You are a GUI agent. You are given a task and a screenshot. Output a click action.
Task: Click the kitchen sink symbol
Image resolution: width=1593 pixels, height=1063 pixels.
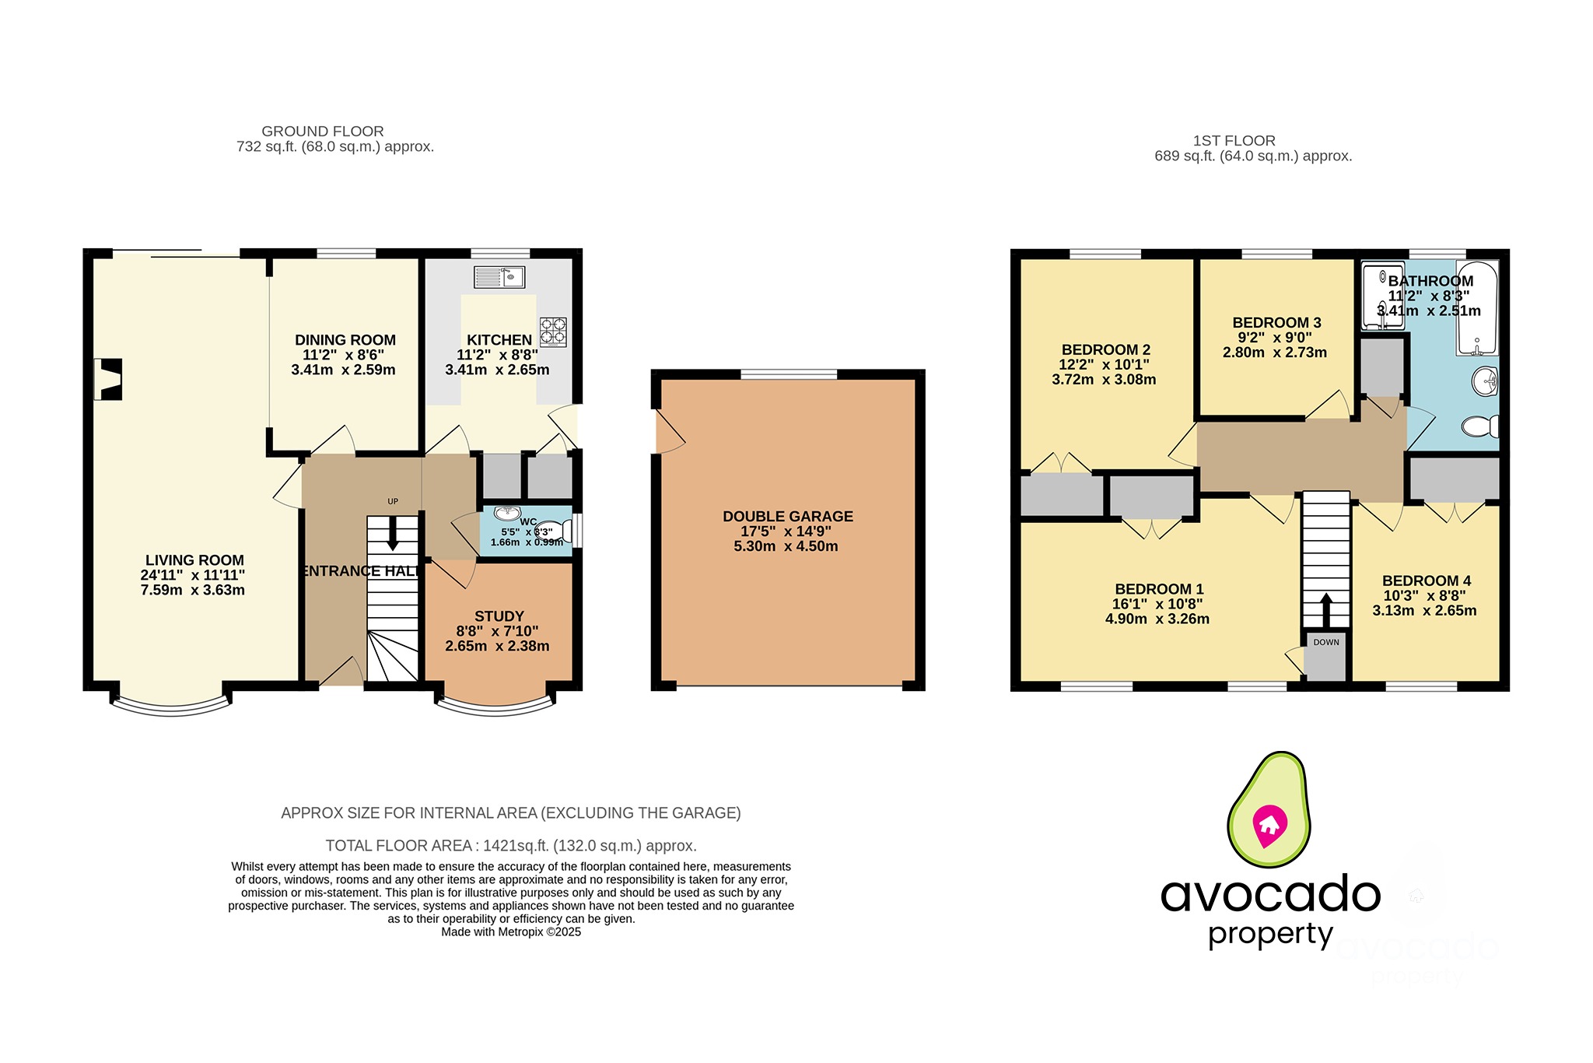(x=499, y=276)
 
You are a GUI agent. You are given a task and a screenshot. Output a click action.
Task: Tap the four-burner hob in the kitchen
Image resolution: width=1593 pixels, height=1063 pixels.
(x=553, y=332)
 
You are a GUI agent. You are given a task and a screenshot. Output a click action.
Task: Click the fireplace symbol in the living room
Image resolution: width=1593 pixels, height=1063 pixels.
(x=109, y=379)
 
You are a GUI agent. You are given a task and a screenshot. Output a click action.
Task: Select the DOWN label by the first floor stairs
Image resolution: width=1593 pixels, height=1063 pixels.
(x=1326, y=642)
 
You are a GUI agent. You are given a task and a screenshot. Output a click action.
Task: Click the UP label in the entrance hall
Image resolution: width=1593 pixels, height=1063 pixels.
(x=393, y=501)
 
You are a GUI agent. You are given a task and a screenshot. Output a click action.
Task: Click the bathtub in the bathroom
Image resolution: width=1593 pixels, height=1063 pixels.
(x=1476, y=308)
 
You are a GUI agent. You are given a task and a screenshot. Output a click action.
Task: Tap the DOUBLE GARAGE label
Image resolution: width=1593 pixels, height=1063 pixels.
(x=787, y=517)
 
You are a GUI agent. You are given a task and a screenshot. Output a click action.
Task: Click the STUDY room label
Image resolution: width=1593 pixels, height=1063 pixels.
(x=499, y=616)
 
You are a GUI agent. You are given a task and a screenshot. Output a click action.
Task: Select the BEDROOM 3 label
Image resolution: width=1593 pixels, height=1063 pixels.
(x=1276, y=323)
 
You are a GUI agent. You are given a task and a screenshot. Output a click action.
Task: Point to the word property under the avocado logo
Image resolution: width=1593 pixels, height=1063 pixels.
(x=1270, y=934)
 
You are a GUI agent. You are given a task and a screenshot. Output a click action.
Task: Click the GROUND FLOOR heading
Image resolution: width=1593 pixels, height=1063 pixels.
(x=322, y=132)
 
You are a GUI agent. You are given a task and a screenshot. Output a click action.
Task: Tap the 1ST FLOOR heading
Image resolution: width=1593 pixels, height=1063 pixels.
(x=1234, y=141)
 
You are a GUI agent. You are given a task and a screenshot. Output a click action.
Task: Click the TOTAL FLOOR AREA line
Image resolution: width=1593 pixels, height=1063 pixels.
(x=510, y=846)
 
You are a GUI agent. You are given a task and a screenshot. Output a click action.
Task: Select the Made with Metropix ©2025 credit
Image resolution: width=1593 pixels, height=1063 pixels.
(x=510, y=932)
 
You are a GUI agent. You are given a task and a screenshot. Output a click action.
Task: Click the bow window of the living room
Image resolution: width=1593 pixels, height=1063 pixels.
(x=171, y=707)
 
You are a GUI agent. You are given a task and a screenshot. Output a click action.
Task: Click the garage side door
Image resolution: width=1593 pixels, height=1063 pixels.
(x=667, y=433)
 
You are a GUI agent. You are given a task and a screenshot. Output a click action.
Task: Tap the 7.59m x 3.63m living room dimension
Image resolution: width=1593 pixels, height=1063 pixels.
(x=192, y=590)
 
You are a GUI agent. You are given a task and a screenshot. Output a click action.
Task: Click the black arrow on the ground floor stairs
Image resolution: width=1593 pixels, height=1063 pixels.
(x=393, y=536)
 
